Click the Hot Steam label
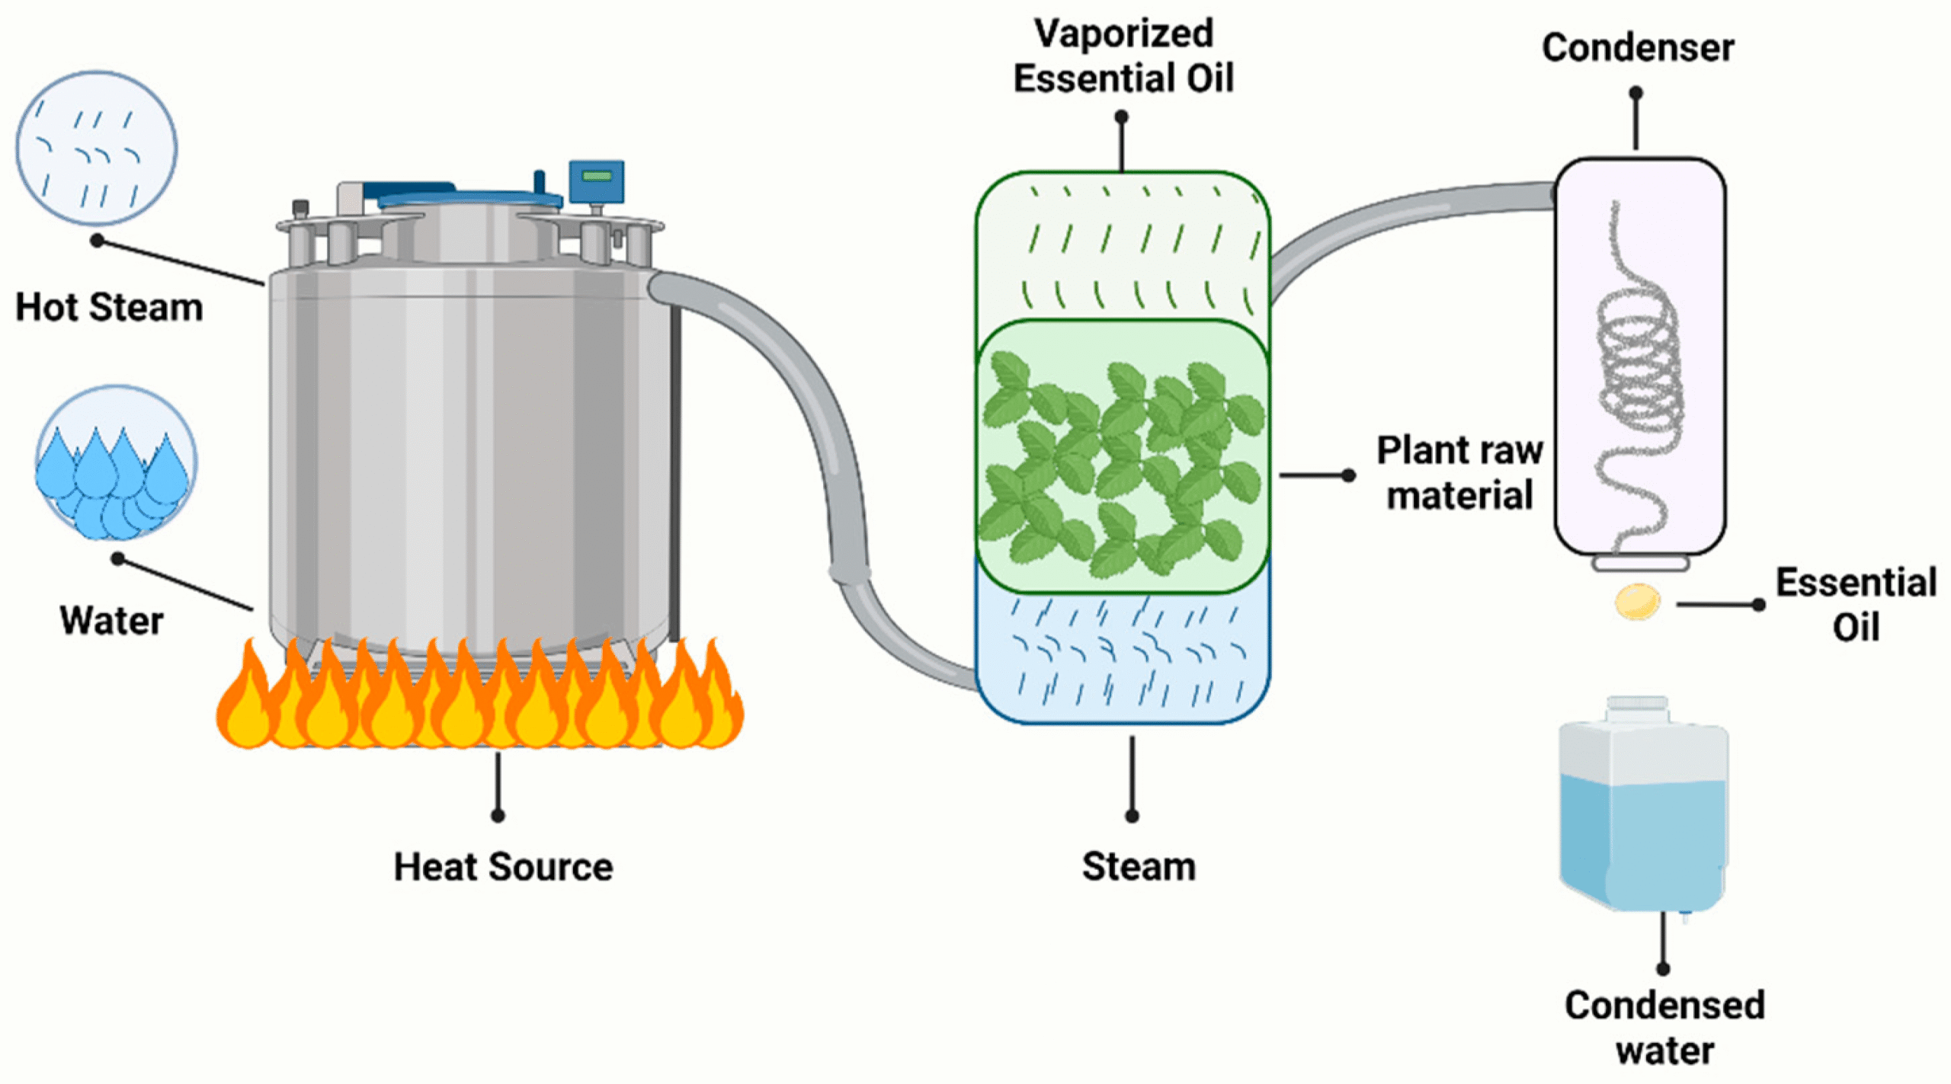coord(109,308)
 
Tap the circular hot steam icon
coord(97,149)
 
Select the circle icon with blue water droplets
coord(116,462)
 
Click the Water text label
coord(111,620)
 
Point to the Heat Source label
coord(503,867)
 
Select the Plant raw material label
coord(1459,472)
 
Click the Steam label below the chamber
coord(1139,867)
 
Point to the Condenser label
coord(1638,47)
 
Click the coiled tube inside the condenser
coord(1639,366)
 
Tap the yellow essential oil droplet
coord(1637,602)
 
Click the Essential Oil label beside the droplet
coord(1856,605)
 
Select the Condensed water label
coord(1664,1028)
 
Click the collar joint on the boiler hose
coord(850,572)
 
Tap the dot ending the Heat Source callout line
coord(498,816)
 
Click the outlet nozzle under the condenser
coord(1640,564)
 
